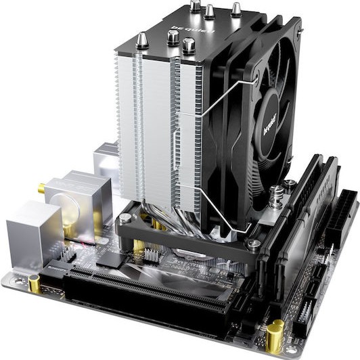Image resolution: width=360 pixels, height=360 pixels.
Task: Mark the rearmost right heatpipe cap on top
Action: click(x=236, y=9)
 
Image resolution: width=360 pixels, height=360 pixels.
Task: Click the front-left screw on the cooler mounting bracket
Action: click(x=125, y=219)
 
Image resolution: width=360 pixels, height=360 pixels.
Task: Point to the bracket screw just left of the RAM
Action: click(x=253, y=243)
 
